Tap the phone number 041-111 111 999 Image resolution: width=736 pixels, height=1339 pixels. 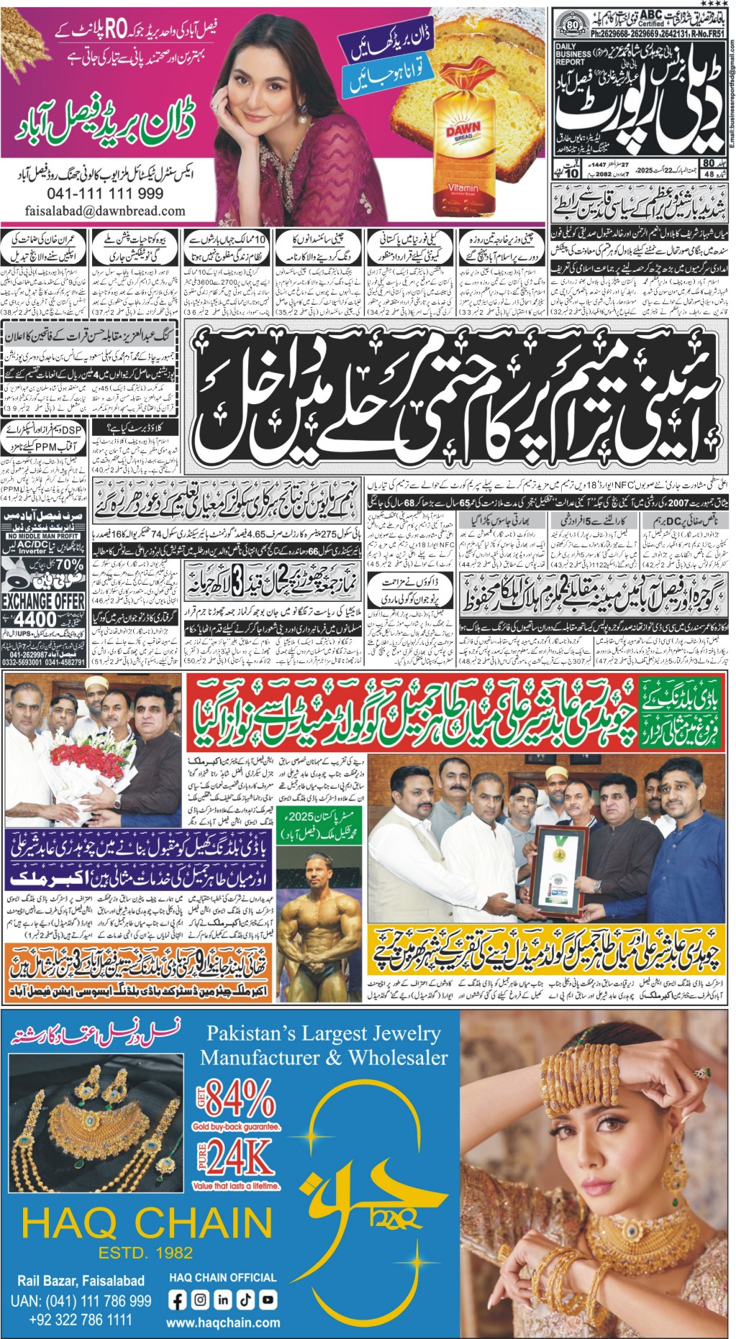point(105,193)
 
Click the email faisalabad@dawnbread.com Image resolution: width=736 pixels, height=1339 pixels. point(105,211)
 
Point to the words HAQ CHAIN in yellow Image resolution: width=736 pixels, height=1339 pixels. point(147,1223)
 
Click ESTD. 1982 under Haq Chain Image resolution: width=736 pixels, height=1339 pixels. point(146,1253)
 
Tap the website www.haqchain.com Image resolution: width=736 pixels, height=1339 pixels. point(223,1322)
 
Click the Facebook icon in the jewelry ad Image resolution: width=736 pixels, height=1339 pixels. point(178,1299)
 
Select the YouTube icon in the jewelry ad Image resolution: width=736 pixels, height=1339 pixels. point(268,1299)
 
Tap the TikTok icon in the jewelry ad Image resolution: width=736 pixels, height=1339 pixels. point(245,1299)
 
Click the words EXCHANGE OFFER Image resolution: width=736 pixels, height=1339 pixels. point(42,600)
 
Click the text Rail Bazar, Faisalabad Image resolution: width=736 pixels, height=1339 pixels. point(81,1280)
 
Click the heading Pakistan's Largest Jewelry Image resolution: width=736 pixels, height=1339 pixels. point(324,1034)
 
